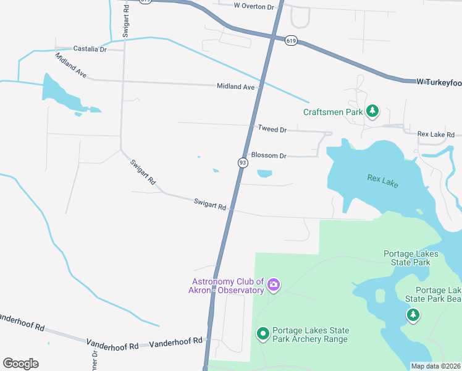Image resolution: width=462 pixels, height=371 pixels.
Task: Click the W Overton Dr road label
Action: coord(253,6)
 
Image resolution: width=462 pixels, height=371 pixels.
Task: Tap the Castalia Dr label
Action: coord(90,49)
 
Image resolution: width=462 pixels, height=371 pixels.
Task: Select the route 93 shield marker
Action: coord(243,163)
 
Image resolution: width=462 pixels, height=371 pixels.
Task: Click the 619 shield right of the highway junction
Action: coord(291,40)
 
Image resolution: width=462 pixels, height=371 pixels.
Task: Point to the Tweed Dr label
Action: coord(272,130)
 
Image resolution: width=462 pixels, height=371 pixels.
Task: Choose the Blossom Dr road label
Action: coord(269,156)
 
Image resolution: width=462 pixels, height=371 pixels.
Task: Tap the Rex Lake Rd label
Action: coord(435,134)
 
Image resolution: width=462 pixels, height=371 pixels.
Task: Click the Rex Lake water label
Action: coord(383,181)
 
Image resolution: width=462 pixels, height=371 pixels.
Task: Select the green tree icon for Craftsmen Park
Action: coord(372,111)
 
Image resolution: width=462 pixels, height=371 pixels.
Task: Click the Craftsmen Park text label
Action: coord(332,112)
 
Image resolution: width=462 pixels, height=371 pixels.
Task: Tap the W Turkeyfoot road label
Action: coord(439,82)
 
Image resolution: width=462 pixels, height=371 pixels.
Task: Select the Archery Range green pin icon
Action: coord(262,335)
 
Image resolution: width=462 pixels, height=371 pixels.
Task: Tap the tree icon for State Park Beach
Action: coord(413,315)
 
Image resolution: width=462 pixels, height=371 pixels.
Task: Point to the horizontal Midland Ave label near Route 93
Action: coord(235,87)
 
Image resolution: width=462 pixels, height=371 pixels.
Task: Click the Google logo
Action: coord(20,364)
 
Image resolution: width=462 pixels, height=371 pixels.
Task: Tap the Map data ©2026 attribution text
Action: coord(435,366)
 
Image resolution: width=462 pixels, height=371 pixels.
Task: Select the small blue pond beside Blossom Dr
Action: coord(264,174)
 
